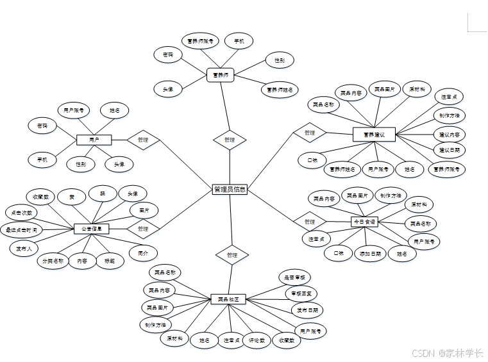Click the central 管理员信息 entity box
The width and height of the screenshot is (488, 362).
click(230, 190)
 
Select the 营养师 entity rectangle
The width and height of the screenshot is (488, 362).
click(221, 75)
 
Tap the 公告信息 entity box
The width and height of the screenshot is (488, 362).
click(92, 228)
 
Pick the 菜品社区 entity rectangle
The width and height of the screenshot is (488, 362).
click(229, 299)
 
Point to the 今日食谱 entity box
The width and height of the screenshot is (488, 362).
click(364, 222)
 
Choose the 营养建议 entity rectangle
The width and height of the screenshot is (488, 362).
click(374, 135)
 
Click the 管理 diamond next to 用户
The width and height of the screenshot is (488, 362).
click(142, 140)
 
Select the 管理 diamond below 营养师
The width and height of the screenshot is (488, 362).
click(230, 140)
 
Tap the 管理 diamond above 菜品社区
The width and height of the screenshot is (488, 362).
click(231, 255)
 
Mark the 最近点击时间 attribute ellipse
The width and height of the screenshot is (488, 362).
click(22, 229)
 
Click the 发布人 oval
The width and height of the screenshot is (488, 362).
click(24, 248)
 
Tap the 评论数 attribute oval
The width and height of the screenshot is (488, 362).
click(257, 340)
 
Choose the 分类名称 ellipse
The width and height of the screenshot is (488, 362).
click(53, 261)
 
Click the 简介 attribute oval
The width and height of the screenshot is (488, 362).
click(142, 254)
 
